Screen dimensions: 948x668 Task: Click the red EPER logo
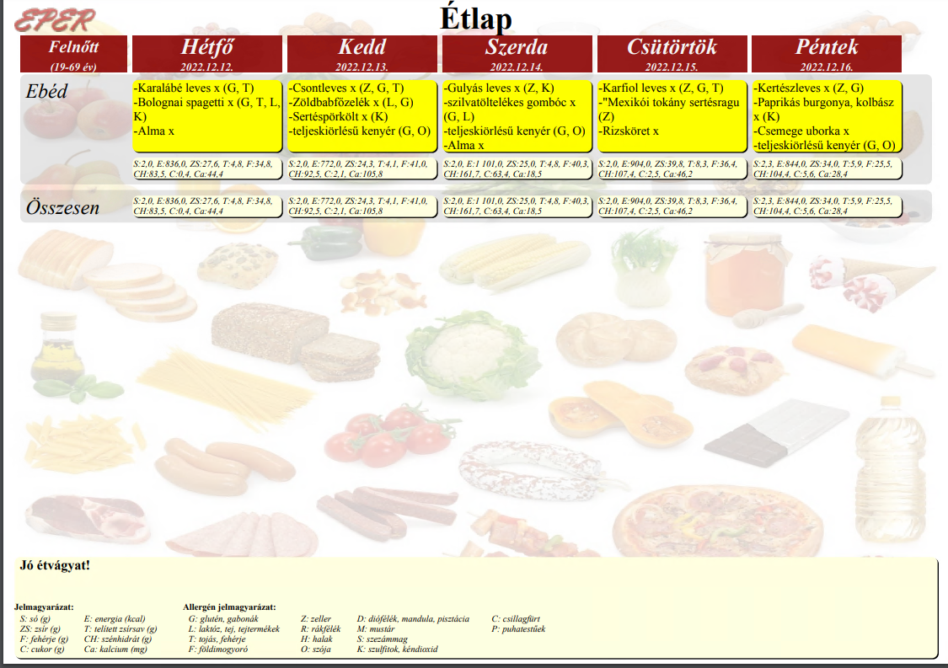pyautogui.click(x=55, y=21)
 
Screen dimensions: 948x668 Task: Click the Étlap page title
pyautogui.click(x=476, y=18)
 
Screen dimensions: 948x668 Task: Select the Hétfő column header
pyautogui.click(x=206, y=54)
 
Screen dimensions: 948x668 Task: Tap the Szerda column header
pyautogui.click(x=517, y=54)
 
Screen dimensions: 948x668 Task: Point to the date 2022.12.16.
pyautogui.click(x=826, y=67)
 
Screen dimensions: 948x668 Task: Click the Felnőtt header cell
pyautogui.click(x=74, y=54)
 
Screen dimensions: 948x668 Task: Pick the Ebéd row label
pyautogui.click(x=46, y=91)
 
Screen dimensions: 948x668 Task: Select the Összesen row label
pyautogui.click(x=62, y=207)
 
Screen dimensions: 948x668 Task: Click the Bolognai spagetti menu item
pyautogui.click(x=206, y=110)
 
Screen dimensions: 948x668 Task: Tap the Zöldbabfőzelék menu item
pyautogui.click(x=351, y=102)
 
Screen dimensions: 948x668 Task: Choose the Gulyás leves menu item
pyautogui.click(x=499, y=88)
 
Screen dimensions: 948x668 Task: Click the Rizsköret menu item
pyautogui.click(x=629, y=131)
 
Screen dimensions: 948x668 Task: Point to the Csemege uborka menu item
pyautogui.click(x=801, y=131)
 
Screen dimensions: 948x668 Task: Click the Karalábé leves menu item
pyautogui.click(x=194, y=88)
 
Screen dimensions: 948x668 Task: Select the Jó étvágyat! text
pyautogui.click(x=55, y=565)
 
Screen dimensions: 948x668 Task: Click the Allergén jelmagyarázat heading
pyautogui.click(x=229, y=607)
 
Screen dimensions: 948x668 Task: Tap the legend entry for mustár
pyautogui.click(x=376, y=628)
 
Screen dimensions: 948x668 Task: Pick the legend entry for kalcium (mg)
pyautogui.click(x=115, y=649)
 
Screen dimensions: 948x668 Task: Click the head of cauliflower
pyautogui.click(x=474, y=354)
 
